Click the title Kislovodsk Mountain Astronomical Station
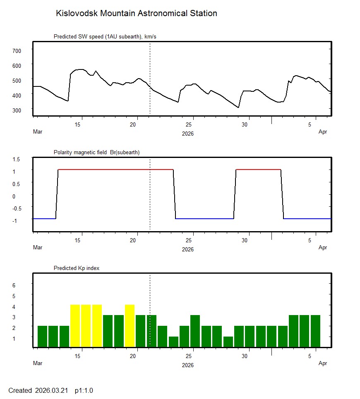[x=136, y=13]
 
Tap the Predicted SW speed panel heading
[x=105, y=37]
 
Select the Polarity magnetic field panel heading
[x=96, y=152]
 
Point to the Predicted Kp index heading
[x=77, y=268]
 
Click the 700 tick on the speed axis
[x=17, y=50]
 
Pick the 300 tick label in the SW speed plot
[x=17, y=110]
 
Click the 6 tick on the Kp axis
[x=14, y=285]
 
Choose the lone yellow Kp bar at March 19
[x=130, y=326]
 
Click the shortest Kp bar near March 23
[x=173, y=342]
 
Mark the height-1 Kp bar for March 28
[x=228, y=342]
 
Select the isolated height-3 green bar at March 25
[x=195, y=331]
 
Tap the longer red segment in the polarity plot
[x=115, y=170]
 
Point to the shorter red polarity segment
[x=258, y=170]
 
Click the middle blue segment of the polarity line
[x=204, y=218]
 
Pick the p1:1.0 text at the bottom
[x=84, y=390]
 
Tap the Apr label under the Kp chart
[x=323, y=363]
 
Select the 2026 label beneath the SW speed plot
[x=188, y=134]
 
